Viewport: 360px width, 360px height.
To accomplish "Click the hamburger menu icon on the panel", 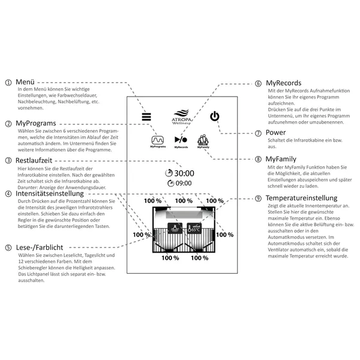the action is point(146,116).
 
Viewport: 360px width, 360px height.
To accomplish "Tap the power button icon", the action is point(215,116).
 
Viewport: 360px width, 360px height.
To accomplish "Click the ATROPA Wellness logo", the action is point(181,117).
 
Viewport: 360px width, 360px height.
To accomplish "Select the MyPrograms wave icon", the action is point(158,140).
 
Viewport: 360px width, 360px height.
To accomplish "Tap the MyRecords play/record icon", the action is point(181,140).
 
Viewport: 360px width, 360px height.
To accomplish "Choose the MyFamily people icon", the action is point(203,140).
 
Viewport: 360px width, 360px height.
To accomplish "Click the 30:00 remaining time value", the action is point(184,173).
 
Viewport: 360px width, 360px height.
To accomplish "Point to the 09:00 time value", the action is point(184,183).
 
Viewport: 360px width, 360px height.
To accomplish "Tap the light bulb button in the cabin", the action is point(175,229).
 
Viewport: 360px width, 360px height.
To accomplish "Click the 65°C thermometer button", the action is point(194,229).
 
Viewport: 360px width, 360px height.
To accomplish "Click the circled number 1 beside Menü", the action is point(8,82).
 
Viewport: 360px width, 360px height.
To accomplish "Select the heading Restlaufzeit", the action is point(34,160).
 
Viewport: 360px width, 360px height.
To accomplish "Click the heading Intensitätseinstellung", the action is point(50,194).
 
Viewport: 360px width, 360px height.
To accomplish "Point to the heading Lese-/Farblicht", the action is point(40,247).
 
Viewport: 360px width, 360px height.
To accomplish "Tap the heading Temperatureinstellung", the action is point(301,198).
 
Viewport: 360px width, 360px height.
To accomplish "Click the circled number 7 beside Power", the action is point(258,133).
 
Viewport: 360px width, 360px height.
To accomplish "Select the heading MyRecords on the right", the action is point(284,83).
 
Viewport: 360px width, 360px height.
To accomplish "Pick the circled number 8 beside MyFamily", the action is point(258,159).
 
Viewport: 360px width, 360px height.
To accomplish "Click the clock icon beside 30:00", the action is point(169,173).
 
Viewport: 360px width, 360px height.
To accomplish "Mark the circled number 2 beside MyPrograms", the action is point(8,124).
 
